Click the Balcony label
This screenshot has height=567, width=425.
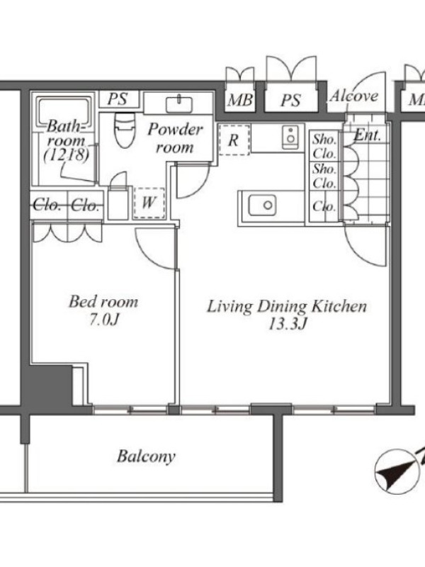point(146,456)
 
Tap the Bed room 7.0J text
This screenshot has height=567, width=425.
point(103,310)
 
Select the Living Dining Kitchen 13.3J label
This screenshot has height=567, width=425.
point(287,315)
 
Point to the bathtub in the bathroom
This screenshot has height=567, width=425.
point(64,109)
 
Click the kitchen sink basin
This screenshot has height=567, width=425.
point(262,205)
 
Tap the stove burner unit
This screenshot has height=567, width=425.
point(290,137)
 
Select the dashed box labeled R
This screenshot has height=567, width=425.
point(234,140)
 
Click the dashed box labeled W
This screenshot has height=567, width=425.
point(149,203)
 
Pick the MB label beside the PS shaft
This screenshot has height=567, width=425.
point(239,100)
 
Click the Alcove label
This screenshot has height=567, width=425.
point(353,96)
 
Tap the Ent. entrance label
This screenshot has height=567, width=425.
point(367,135)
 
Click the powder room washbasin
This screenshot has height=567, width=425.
point(179,104)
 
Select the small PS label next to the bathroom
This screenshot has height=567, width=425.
point(118,99)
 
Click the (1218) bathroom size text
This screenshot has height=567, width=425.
point(66,155)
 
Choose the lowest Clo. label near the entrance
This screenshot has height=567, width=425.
point(324,206)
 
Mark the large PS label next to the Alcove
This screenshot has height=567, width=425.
point(290,100)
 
